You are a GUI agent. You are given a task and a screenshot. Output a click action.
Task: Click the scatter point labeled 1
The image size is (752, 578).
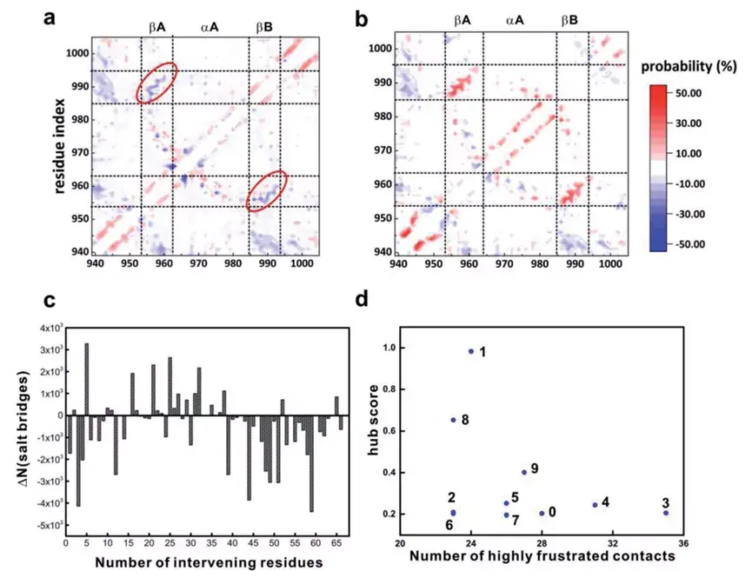tap(471, 351)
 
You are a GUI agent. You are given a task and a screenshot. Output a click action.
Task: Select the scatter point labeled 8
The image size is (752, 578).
tap(454, 420)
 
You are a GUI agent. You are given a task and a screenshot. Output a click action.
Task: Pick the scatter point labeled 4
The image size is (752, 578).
tap(595, 505)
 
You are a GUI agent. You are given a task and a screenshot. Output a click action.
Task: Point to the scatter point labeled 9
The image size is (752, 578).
tap(524, 472)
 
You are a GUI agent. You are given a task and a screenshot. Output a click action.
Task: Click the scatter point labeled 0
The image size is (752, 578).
tap(542, 513)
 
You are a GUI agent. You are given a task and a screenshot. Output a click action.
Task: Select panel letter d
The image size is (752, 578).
tap(363, 301)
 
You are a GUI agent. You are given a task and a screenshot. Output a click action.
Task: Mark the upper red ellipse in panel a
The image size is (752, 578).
tap(157, 83)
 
